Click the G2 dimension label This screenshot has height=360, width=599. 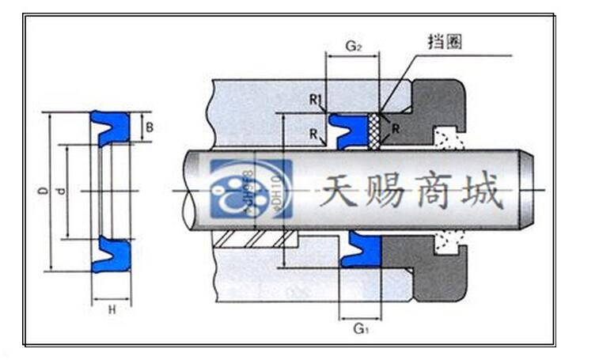pos(353,47)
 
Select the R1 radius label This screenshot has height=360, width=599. pos(315,100)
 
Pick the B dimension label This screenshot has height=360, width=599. pos(150,127)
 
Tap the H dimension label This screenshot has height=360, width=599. pos(112,310)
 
